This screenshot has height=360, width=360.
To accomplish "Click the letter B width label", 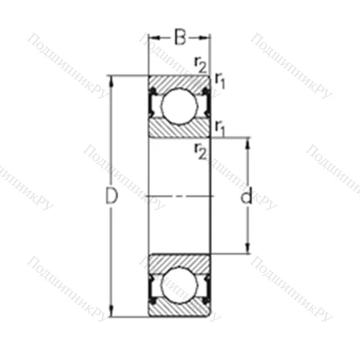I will pyautogui.click(x=179, y=33).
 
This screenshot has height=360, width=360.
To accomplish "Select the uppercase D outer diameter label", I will pyautogui.click(x=112, y=196).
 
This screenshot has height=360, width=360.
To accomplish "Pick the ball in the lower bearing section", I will pyautogui.click(x=179, y=285).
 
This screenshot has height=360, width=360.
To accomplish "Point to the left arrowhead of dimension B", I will pyautogui.click(x=152, y=37).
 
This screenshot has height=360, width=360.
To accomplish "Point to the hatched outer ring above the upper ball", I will pyautogui.click(x=179, y=81).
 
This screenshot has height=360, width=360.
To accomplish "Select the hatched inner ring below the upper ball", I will pyautogui.click(x=179, y=130).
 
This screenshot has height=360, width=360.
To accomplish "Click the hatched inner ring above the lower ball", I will pyautogui.click(x=179, y=260).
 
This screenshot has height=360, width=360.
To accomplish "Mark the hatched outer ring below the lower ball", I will pyautogui.click(x=179, y=309).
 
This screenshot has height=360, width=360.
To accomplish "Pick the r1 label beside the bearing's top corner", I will pyautogui.click(x=220, y=81).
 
